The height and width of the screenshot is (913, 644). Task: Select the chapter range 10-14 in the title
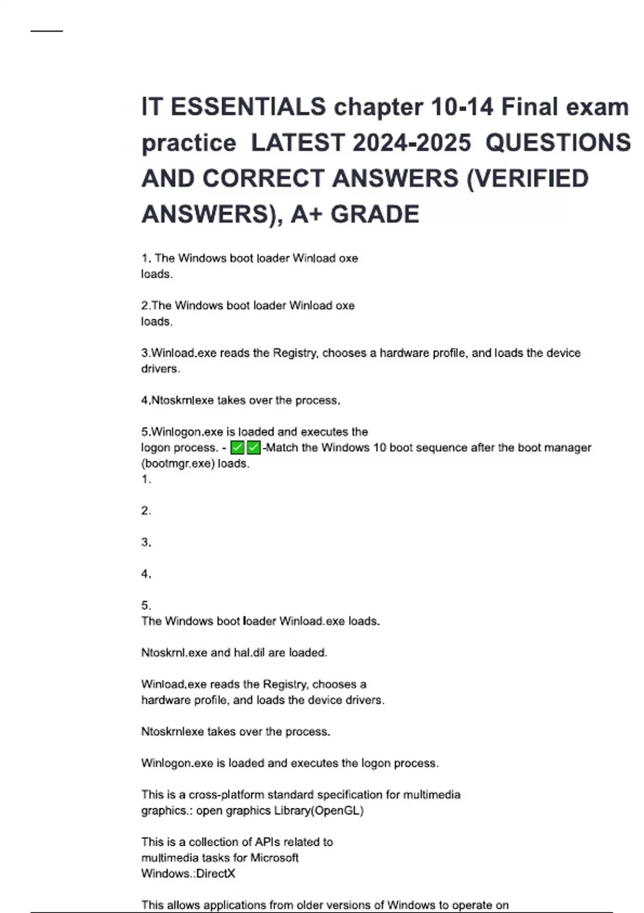click(462, 107)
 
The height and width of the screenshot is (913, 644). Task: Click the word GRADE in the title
click(375, 214)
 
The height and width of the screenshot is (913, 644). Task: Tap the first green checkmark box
click(237, 447)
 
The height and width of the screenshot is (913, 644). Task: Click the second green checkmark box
click(253, 447)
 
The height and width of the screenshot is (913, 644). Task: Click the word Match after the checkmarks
click(282, 447)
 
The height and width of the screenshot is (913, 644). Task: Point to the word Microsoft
click(274, 858)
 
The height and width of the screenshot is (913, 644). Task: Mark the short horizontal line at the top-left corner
click(47, 31)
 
